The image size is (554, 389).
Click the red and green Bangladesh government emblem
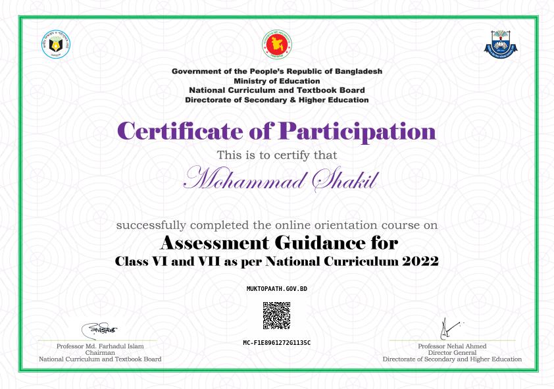click(276, 44)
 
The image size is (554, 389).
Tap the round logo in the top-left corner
click(56, 45)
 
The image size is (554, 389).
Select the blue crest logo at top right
click(501, 45)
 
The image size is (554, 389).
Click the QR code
click(276, 315)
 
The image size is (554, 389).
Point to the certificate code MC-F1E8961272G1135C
click(276, 343)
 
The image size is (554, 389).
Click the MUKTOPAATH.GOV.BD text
click(276, 289)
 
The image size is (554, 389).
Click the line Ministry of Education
click(276, 81)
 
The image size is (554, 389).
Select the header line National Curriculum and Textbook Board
click(276, 90)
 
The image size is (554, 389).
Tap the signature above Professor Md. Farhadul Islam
click(100, 328)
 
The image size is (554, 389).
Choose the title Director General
click(452, 353)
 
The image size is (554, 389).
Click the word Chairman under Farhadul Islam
click(100, 353)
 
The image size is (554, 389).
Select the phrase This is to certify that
click(276, 155)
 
